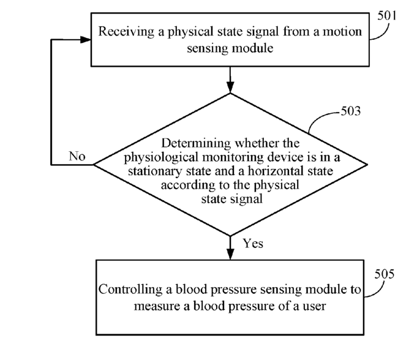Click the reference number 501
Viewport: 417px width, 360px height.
[387, 15]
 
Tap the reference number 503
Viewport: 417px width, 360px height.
[351, 111]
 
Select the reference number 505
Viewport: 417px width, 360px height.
[385, 274]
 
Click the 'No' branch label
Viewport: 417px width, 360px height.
[77, 156]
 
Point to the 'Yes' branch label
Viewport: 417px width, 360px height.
[253, 243]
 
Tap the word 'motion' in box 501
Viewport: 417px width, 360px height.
[342, 31]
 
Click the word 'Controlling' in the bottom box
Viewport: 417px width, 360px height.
[130, 289]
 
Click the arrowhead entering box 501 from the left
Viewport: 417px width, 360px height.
[86, 40]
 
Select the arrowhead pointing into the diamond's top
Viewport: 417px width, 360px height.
[230, 88]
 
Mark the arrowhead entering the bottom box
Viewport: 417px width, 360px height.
[230, 254]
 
